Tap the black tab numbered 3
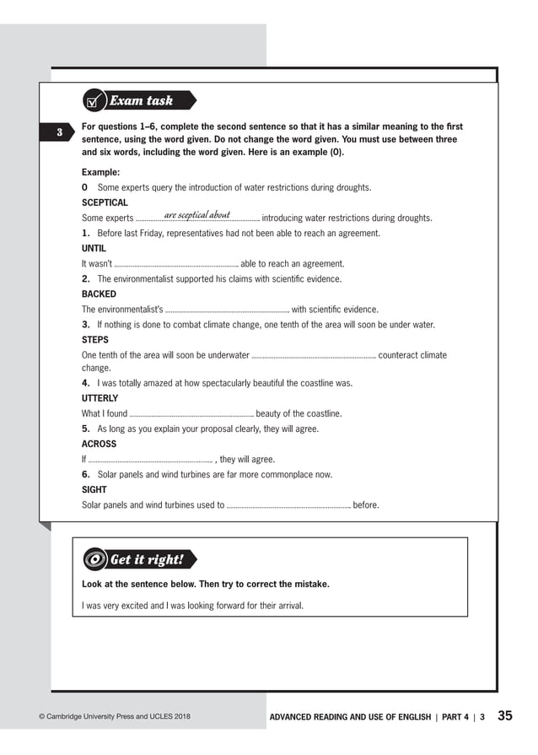60,132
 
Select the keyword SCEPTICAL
105,202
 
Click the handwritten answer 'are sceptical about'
197,215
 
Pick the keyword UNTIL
94,249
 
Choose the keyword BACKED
99,294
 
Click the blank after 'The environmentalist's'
227,310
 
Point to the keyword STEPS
94,340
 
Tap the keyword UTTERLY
100,398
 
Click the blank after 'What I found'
191,414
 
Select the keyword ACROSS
99,444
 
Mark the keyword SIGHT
94,489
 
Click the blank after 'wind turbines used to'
288,506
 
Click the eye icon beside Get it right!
95,560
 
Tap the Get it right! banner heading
148,560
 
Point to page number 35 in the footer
504,716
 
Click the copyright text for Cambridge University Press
115,717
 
